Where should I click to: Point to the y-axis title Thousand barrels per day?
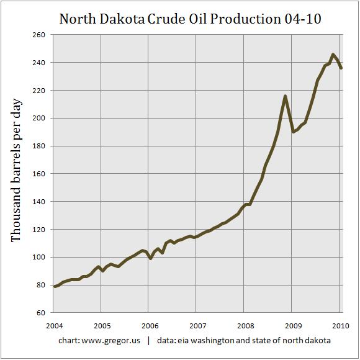[17, 174]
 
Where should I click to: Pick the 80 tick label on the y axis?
[38, 285]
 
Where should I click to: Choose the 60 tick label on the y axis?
[38, 313]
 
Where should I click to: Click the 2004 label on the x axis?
[55, 325]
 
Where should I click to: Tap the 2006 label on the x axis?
[149, 325]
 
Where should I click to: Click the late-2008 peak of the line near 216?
[285, 96]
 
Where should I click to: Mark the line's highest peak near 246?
[333, 55]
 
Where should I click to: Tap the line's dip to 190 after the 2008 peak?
[293, 132]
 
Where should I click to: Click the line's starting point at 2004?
[55, 286]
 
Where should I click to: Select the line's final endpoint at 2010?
[341, 68]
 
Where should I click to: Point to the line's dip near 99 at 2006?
[150, 258]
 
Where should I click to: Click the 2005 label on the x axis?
[102, 325]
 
